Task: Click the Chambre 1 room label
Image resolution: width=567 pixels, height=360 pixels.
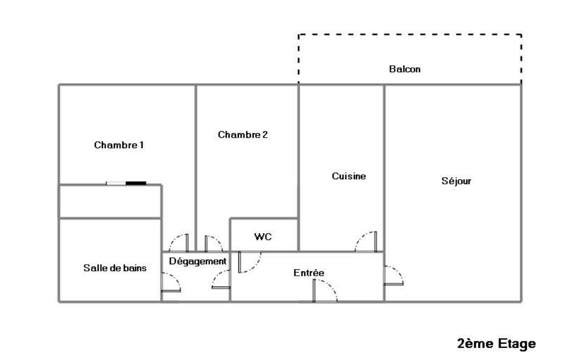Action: tap(119, 145)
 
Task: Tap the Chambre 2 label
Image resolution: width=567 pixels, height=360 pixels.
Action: tap(243, 135)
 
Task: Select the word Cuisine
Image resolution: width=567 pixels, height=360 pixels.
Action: tap(349, 176)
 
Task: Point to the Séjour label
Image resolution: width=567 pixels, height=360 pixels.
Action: tap(456, 181)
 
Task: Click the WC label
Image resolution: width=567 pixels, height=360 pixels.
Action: tap(263, 237)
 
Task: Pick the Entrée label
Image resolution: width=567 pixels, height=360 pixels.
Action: tap(309, 273)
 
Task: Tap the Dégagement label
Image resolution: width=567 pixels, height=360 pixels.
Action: tap(197, 262)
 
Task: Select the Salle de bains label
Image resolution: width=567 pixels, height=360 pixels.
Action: tap(115, 268)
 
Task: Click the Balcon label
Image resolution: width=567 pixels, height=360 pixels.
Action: tap(404, 70)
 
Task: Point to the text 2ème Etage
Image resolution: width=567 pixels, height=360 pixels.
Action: tap(496, 344)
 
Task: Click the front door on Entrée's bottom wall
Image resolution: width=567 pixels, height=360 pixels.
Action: tap(325, 293)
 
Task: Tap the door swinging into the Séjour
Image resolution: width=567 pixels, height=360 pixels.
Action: tap(393, 275)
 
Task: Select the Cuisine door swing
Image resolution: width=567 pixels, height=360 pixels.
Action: tap(366, 242)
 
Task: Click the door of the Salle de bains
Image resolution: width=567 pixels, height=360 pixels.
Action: tap(170, 282)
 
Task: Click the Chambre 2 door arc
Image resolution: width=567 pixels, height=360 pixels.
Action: tap(213, 243)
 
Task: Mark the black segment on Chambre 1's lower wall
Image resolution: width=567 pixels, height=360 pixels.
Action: tap(135, 183)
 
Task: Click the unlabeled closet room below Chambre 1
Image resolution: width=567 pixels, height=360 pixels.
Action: tap(110, 202)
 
